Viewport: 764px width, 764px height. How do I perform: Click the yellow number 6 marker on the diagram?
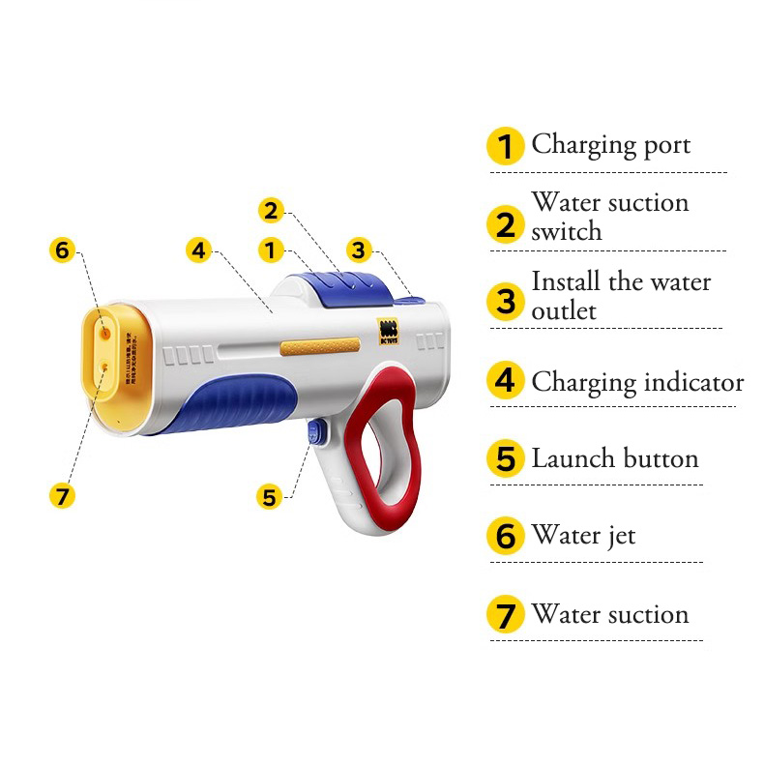[x=62, y=250]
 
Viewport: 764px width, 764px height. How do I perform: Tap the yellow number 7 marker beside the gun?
[x=62, y=496]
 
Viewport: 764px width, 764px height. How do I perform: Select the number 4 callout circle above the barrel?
[x=198, y=250]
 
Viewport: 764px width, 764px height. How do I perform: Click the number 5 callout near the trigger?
[x=270, y=497]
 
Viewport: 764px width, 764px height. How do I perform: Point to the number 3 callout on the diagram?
[x=359, y=250]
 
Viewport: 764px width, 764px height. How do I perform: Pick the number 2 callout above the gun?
[x=271, y=210]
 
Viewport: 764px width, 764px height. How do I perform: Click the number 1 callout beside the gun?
[x=271, y=250]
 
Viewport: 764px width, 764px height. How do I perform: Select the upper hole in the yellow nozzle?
[x=105, y=332]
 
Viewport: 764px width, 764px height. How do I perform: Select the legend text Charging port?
[x=611, y=145]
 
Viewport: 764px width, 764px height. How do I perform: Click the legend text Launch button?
[x=615, y=458]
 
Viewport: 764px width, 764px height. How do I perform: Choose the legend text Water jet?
[x=583, y=535]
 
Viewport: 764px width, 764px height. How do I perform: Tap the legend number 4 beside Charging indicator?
[x=506, y=381]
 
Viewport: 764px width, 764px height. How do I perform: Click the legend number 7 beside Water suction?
[x=506, y=615]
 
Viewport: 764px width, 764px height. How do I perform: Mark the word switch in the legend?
[x=567, y=232]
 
